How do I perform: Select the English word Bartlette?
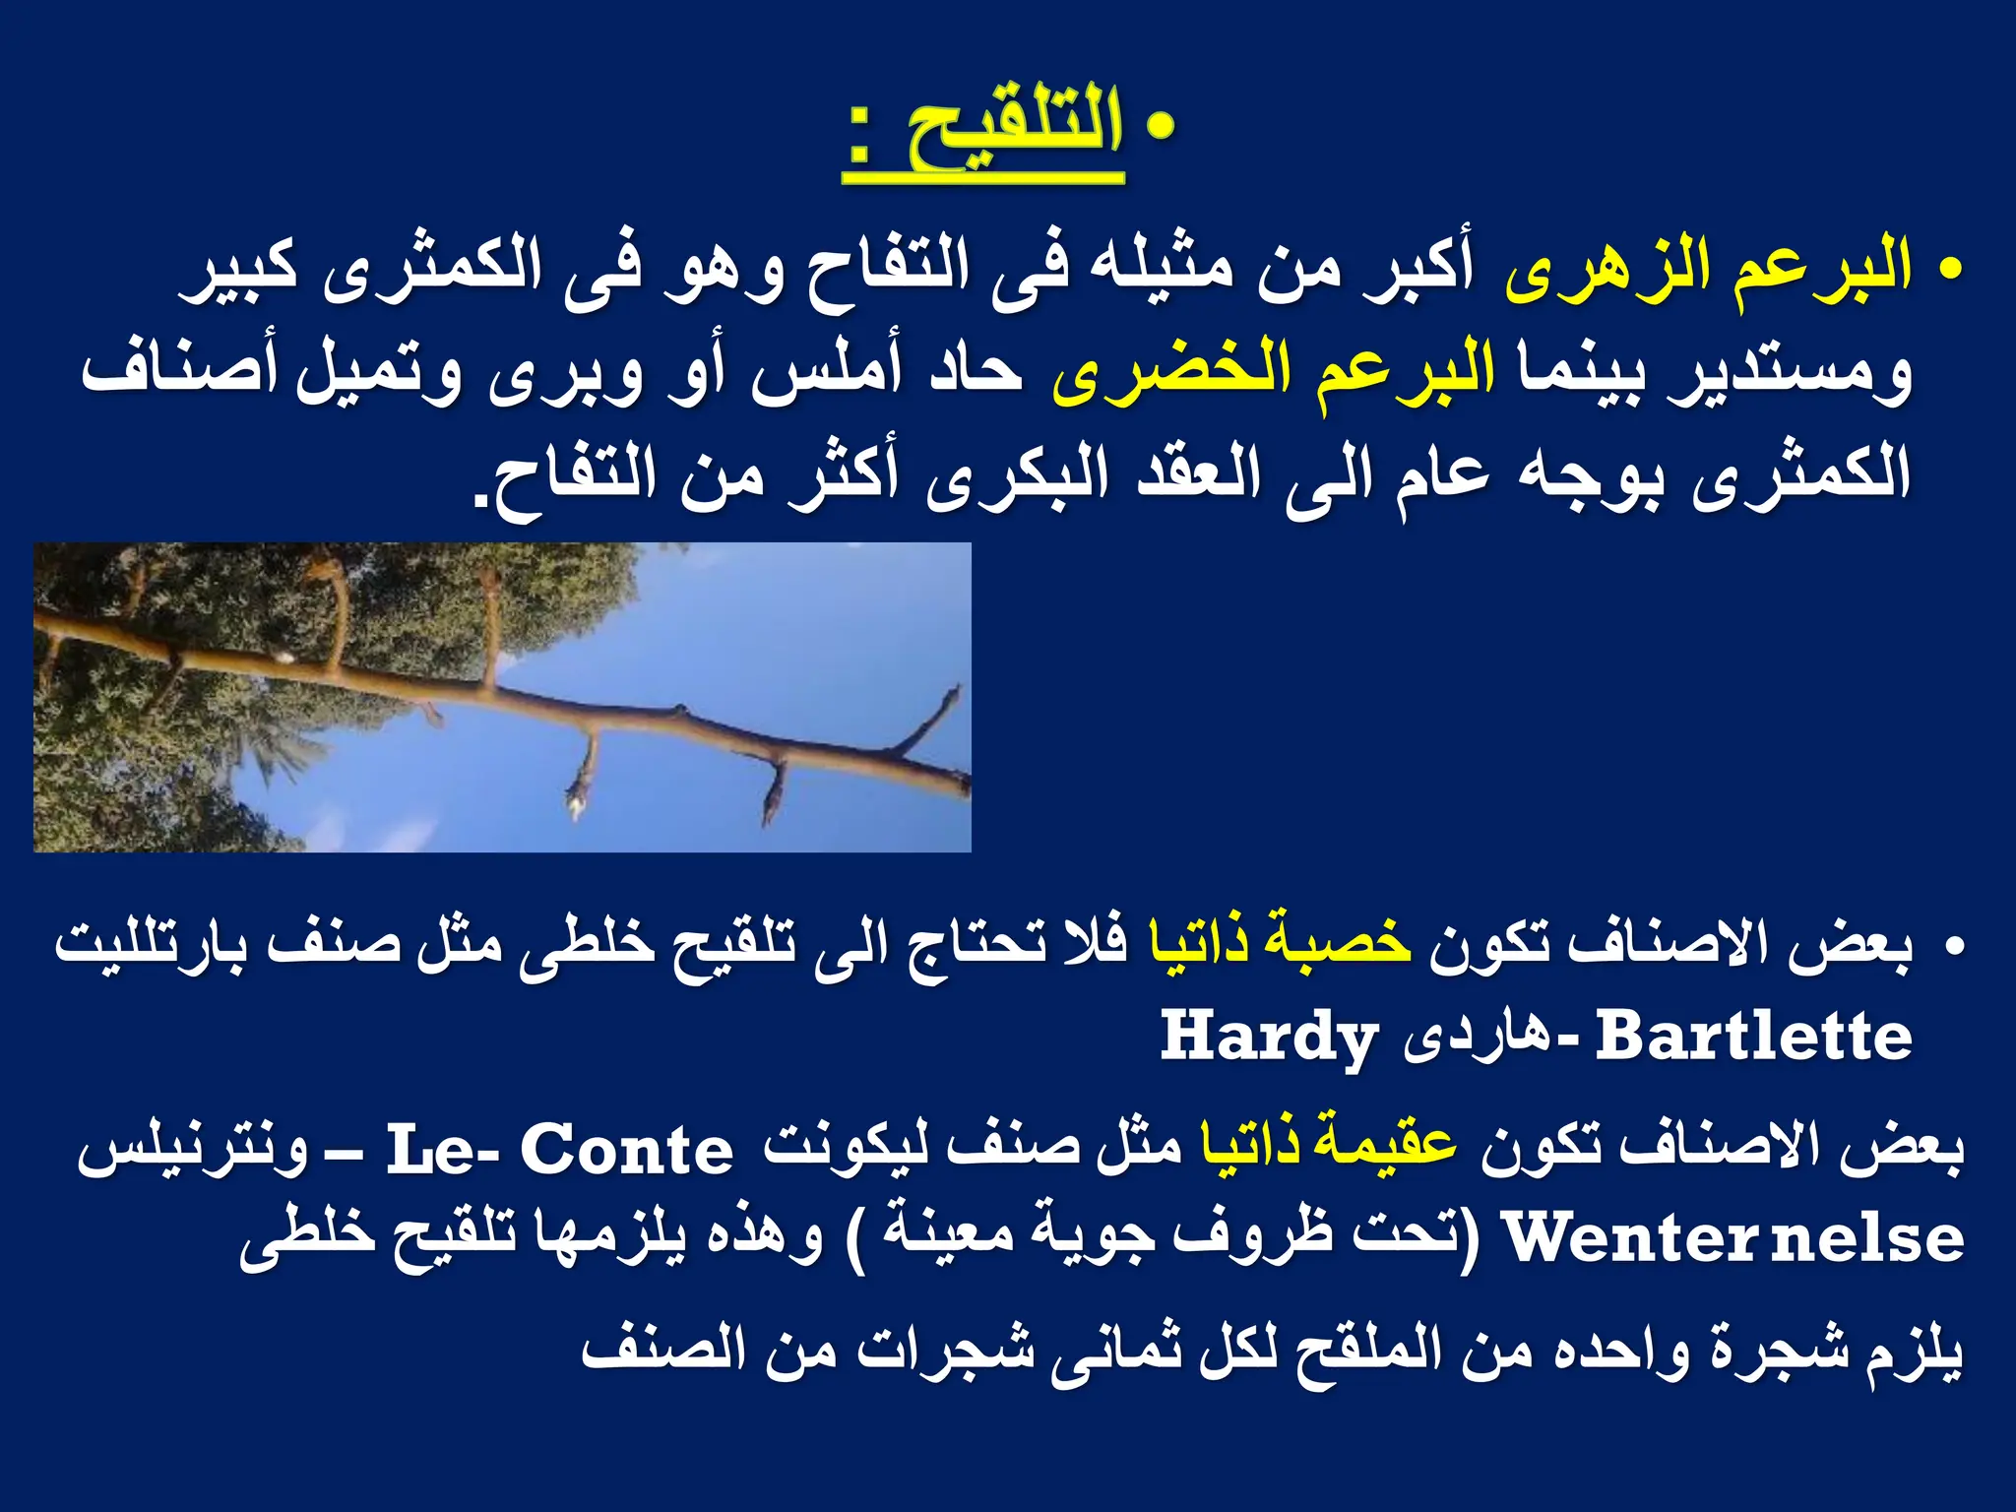point(1753,1038)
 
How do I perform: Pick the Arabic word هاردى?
point(1467,1039)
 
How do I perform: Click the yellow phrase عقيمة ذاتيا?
point(1328,1148)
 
